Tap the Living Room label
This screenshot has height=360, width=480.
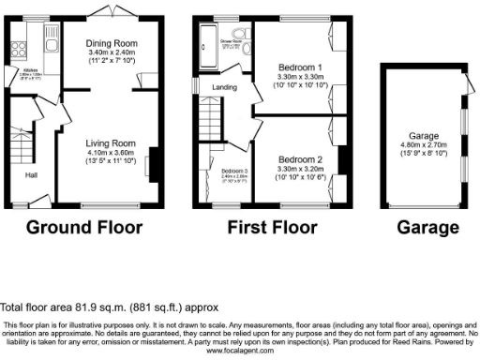click(x=111, y=142)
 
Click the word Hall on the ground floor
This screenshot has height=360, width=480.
click(x=32, y=173)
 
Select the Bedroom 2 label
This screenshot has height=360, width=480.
click(x=301, y=158)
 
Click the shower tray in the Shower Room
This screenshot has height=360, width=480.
click(x=205, y=43)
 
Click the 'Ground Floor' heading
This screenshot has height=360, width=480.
click(x=83, y=227)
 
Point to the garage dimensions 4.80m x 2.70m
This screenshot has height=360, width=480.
click(x=425, y=146)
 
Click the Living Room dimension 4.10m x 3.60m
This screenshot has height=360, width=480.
click(x=111, y=151)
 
